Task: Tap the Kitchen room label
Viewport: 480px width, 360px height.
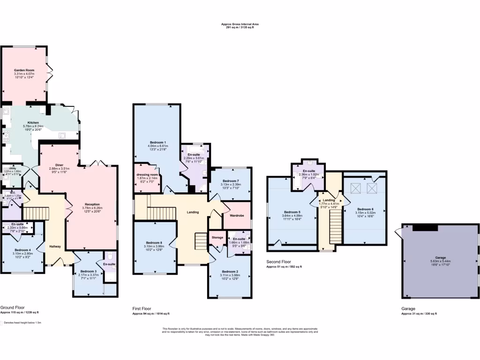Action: click(x=33, y=122)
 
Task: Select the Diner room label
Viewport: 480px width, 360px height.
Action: click(x=60, y=165)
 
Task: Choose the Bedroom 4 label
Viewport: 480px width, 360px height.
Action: click(x=22, y=250)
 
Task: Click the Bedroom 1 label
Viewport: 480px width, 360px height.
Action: click(x=158, y=142)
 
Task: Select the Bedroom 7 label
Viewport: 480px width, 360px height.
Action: click(x=231, y=181)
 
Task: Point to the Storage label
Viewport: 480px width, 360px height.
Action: click(x=217, y=238)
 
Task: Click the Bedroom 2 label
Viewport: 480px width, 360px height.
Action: click(x=231, y=271)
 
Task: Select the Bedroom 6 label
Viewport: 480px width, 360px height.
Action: click(x=365, y=209)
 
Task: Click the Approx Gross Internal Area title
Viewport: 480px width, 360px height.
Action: click(x=240, y=24)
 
